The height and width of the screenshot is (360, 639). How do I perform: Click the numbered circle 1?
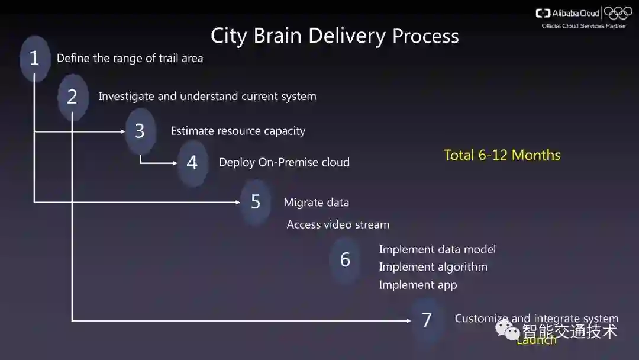click(34, 58)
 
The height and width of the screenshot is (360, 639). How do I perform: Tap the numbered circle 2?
click(72, 97)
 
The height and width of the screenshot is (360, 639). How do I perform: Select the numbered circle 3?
click(140, 131)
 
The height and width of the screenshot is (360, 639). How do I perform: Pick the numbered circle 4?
click(192, 162)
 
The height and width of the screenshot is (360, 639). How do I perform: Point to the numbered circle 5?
click(256, 202)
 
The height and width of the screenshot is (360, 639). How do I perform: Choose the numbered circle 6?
click(345, 259)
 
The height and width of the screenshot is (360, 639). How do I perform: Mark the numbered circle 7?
click(427, 320)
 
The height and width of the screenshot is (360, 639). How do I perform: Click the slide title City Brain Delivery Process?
click(334, 36)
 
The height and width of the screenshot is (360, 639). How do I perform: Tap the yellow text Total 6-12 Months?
click(502, 155)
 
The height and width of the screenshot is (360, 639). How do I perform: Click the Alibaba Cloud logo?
click(567, 13)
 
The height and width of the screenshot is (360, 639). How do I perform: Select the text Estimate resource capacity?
click(238, 131)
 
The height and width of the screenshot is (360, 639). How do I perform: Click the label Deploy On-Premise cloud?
click(284, 162)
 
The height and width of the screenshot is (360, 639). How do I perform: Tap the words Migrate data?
click(316, 202)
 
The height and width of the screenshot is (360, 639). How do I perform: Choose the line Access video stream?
click(338, 224)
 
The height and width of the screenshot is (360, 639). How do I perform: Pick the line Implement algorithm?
click(433, 267)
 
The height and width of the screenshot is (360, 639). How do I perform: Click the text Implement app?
click(418, 285)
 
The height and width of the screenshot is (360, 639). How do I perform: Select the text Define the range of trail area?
click(130, 58)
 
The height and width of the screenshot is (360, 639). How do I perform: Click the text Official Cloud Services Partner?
click(583, 26)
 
